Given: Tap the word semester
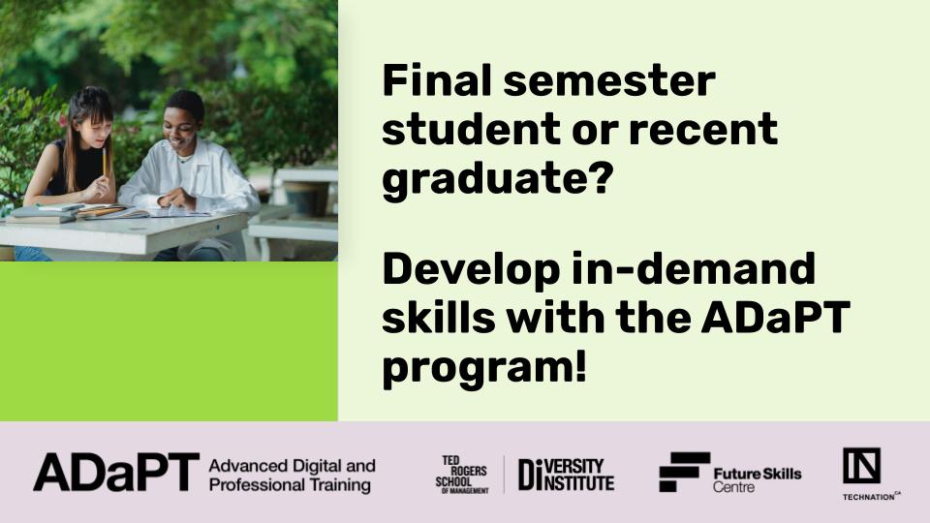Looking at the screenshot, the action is pos(609,81).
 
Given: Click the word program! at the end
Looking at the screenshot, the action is pos(484,369).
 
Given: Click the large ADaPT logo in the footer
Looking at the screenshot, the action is pos(116,473).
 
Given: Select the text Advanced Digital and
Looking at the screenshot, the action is pos(292,466).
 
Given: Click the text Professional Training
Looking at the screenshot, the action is pos(290,485).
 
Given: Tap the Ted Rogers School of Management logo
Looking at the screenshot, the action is pos(462,475).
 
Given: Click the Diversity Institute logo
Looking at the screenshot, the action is pos(567,475).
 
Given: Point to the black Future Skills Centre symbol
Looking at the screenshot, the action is pos(684,472).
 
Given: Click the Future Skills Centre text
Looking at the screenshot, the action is pos(758,480).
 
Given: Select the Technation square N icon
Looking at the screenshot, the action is pos(861,466).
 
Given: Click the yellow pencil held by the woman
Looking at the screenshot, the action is pos(105,162).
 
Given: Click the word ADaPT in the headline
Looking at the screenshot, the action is pos(776,318).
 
